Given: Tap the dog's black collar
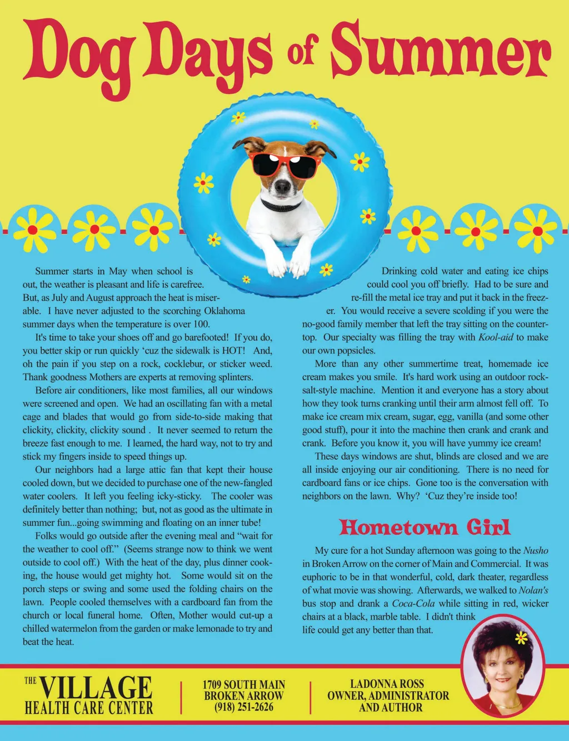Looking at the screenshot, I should [281, 206].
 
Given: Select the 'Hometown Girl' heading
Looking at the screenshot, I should [425, 527].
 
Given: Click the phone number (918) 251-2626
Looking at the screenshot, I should [243, 707].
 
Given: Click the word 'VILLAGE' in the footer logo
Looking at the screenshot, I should [96, 688].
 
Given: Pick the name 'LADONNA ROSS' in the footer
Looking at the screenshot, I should [387, 684].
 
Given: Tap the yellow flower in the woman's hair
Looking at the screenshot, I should [521, 638].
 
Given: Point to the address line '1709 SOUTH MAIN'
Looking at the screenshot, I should [243, 684].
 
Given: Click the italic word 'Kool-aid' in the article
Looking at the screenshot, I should [496, 337].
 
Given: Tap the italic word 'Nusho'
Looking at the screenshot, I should [536, 550].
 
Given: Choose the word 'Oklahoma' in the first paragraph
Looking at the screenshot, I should [224, 311].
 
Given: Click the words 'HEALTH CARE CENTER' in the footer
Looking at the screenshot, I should [89, 708].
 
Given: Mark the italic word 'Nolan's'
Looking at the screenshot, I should [533, 590].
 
